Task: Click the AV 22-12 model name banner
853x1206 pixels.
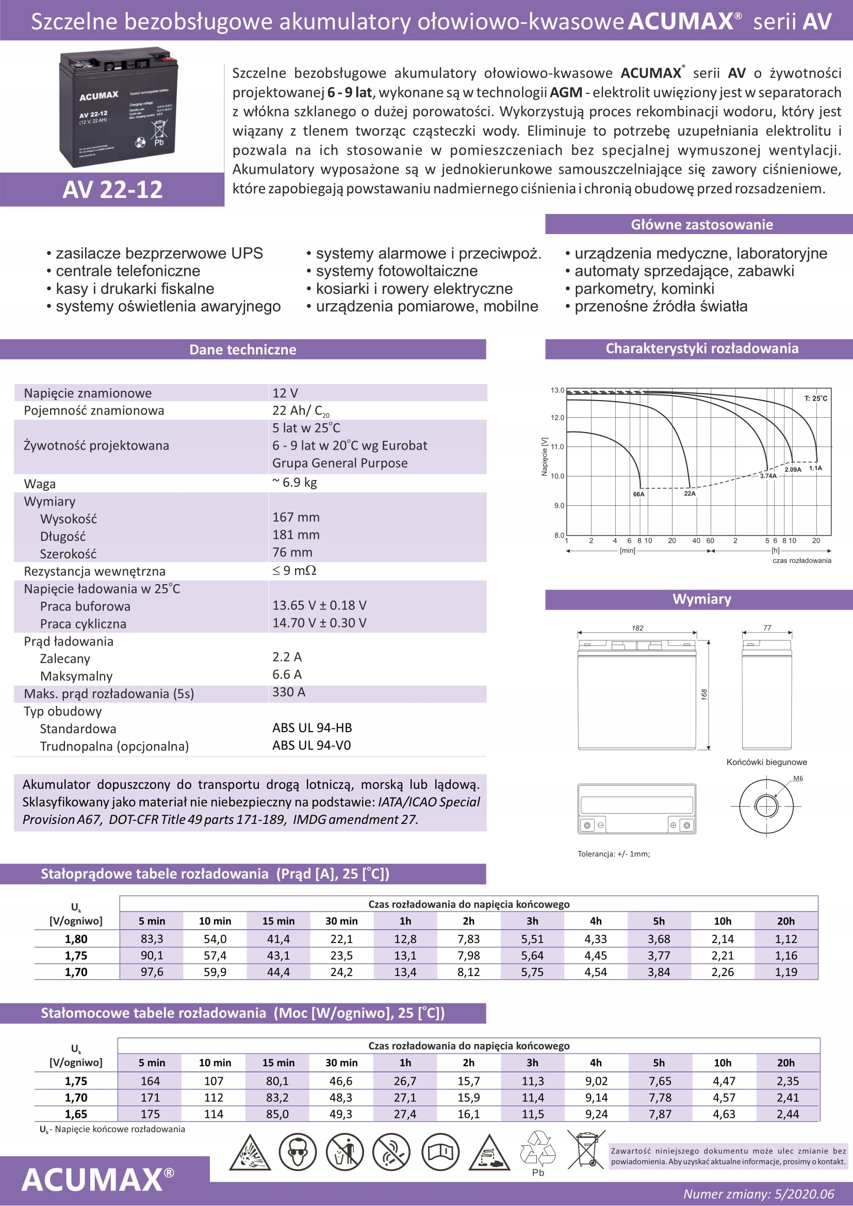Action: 112,190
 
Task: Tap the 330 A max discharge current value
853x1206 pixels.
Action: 288,692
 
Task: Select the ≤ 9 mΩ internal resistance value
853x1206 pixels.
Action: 294,570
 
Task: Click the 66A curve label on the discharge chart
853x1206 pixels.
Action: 638,494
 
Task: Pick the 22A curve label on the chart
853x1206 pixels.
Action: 690,494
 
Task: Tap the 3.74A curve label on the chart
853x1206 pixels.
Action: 768,476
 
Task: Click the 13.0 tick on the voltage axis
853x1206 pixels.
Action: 557,390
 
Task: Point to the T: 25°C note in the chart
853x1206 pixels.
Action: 815,398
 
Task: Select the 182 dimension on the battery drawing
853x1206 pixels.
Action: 637,628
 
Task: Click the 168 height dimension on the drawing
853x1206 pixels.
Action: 704,695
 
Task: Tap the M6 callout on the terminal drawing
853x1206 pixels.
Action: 798,779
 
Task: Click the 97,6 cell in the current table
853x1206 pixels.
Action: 152,972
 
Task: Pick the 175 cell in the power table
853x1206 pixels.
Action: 150,1114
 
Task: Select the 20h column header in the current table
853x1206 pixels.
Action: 786,921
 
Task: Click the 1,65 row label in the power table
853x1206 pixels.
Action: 76,1114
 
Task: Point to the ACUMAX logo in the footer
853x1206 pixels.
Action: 97,1180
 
